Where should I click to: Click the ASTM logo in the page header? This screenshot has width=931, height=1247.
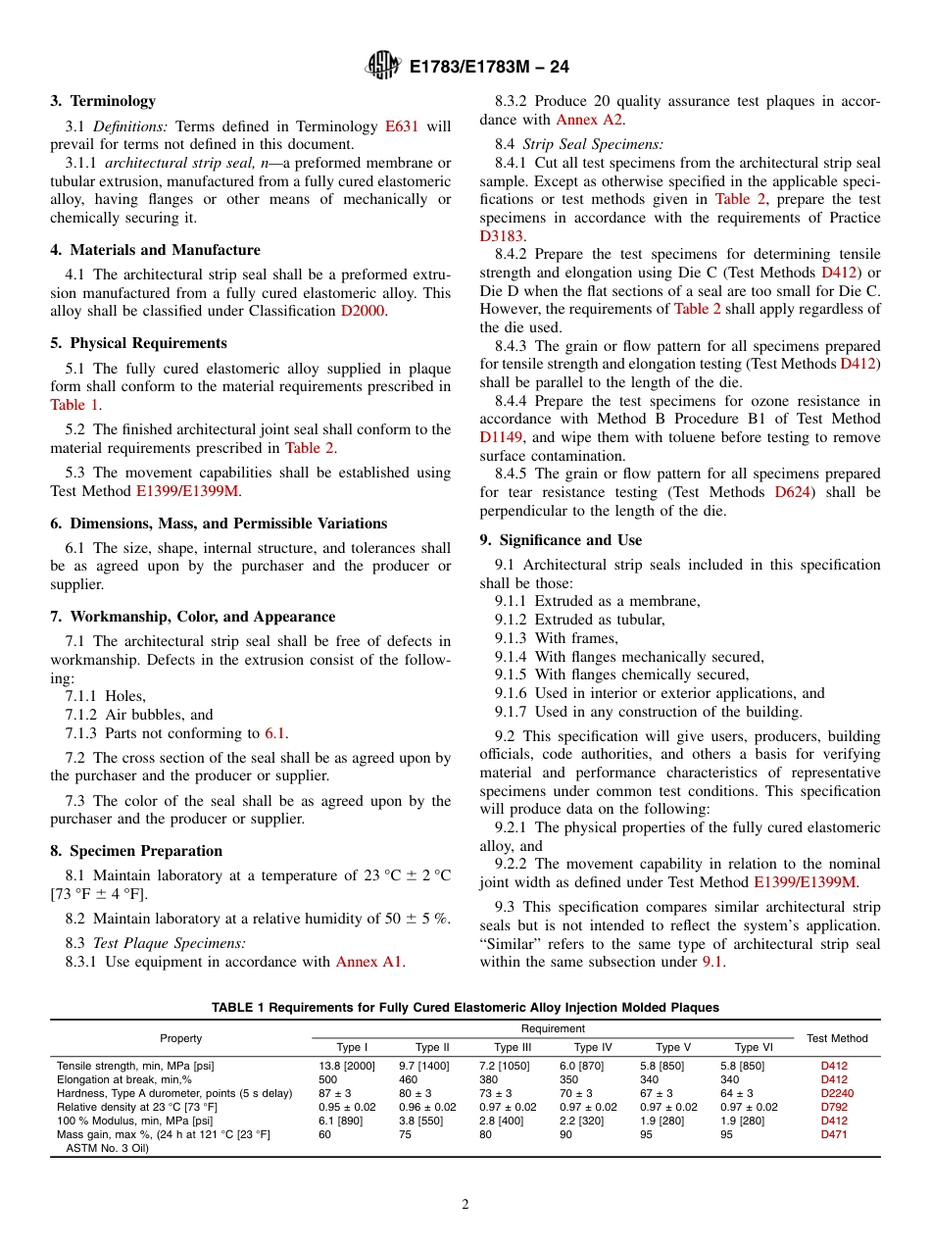[x=382, y=66]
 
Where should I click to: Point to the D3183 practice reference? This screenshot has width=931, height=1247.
[x=503, y=235]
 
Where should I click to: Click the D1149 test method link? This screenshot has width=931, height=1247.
[x=503, y=437]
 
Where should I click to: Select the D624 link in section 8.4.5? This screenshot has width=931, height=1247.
[x=792, y=492]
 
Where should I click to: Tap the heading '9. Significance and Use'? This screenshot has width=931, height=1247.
[x=561, y=540]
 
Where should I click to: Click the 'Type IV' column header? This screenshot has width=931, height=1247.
[x=592, y=1047]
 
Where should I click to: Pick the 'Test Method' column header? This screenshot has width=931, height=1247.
[x=836, y=1038]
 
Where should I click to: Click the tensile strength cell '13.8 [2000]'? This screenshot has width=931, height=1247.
[x=346, y=1066]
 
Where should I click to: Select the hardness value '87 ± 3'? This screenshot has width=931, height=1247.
[x=334, y=1093]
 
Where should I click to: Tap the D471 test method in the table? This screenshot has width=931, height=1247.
[x=833, y=1134]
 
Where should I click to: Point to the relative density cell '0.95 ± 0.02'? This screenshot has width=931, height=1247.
[x=346, y=1107]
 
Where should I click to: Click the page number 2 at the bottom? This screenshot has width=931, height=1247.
[x=465, y=1205]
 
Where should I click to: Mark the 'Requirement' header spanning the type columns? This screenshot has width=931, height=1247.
[x=553, y=1028]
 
